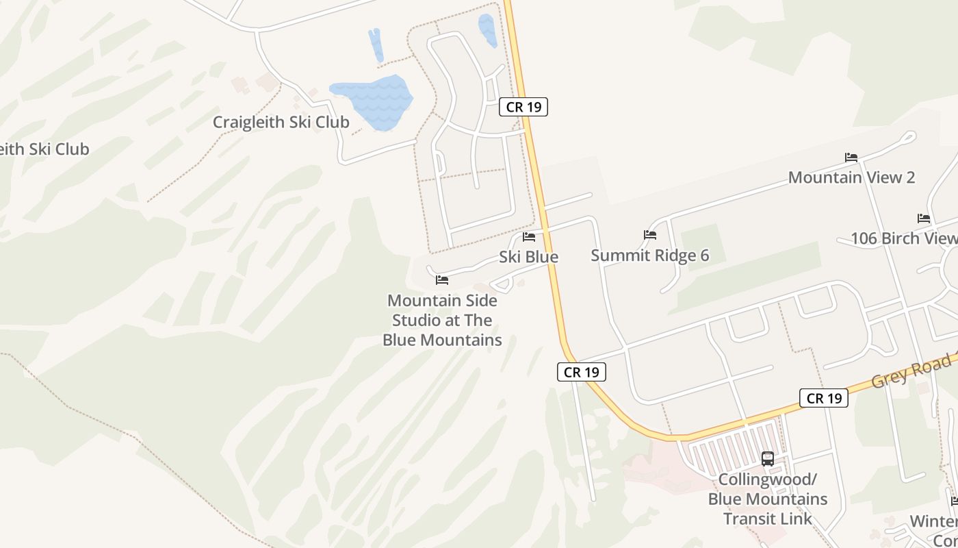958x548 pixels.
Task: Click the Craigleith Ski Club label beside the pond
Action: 281,122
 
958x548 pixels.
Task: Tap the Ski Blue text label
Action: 528,257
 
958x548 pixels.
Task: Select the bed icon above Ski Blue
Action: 529,237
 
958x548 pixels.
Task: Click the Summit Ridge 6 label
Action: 649,256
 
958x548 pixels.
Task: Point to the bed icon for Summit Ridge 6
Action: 650,235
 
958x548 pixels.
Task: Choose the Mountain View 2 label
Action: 851,177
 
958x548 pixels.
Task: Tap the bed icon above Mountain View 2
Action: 851,158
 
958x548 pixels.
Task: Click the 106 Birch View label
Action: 903,238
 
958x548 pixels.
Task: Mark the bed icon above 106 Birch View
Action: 924,219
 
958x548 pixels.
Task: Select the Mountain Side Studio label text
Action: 442,320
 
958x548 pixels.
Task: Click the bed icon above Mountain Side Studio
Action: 442,280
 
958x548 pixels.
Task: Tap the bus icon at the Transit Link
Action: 768,459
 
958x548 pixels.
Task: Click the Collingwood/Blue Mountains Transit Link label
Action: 768,499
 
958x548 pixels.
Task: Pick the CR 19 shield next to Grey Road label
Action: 824,398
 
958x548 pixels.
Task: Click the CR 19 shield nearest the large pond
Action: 523,107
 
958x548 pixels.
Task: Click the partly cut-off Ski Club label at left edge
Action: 44,149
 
